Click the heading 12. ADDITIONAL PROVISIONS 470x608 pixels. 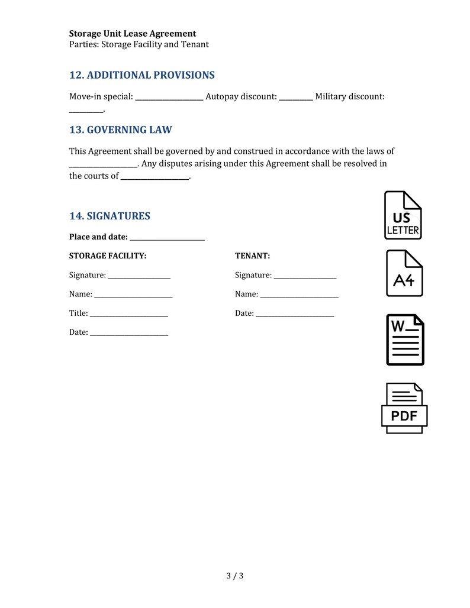coord(141,75)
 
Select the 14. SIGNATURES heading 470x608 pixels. coord(110,216)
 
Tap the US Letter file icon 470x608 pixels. coord(403,215)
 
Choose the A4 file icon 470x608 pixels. coord(404,273)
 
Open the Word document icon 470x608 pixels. coord(405,339)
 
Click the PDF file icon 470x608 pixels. coord(404,408)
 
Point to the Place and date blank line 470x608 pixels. coord(167,238)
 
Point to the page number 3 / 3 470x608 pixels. coord(235,575)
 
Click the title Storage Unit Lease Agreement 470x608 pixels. coord(133,34)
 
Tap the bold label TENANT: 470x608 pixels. coord(252,256)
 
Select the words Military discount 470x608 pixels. coord(350,96)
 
